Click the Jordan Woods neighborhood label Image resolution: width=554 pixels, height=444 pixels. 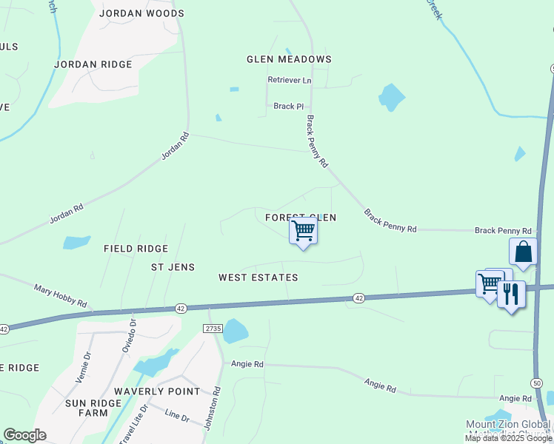point(141,13)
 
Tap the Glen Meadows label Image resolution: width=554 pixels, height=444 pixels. point(289,59)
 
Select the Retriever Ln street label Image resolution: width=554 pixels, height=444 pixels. point(290,80)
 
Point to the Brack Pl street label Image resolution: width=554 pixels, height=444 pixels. point(289,107)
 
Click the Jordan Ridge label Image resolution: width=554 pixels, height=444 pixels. point(93,64)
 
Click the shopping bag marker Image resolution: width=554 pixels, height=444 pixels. point(523,252)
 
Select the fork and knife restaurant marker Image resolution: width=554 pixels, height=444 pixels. point(511,293)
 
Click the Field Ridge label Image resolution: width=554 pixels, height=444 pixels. point(136,249)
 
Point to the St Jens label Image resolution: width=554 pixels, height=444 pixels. point(173,266)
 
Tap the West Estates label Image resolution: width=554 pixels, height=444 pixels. point(258,277)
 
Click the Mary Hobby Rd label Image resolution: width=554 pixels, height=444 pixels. point(61,294)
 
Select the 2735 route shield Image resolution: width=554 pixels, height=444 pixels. point(213,327)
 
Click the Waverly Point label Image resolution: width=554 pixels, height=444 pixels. point(157,391)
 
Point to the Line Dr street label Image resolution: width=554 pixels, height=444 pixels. point(177,416)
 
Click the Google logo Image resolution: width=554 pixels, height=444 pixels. point(24,435)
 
